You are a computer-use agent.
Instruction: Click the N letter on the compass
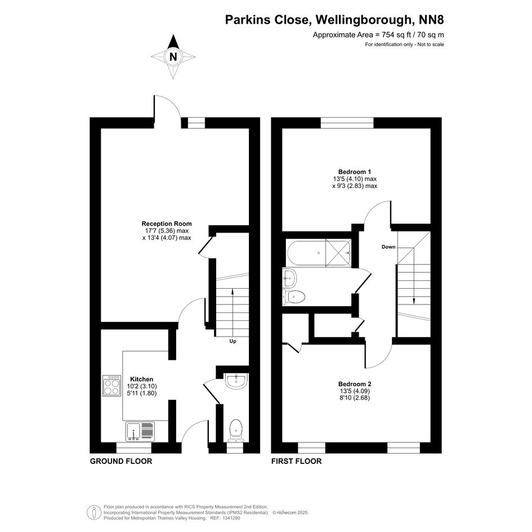tap(173, 57)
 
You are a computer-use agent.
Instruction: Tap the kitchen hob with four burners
tap(111, 386)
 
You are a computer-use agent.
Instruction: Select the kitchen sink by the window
tap(140, 432)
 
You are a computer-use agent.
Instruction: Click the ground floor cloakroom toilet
tap(236, 430)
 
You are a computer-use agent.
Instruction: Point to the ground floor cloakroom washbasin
tap(236, 381)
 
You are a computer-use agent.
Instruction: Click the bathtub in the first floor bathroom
tap(319, 253)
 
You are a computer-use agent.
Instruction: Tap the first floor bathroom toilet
tap(294, 297)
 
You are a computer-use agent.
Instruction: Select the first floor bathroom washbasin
tap(289, 278)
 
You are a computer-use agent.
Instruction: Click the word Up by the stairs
tap(233, 341)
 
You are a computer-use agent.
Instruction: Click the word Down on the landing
tap(388, 247)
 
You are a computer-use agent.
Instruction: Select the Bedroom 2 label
tap(355, 384)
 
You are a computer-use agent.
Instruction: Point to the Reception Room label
tap(167, 223)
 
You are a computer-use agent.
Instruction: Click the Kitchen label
tap(142, 379)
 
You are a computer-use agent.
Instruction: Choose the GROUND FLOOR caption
tap(121, 461)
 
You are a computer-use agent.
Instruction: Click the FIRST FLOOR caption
tap(297, 461)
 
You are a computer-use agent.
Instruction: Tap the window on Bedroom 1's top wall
tap(347, 123)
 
